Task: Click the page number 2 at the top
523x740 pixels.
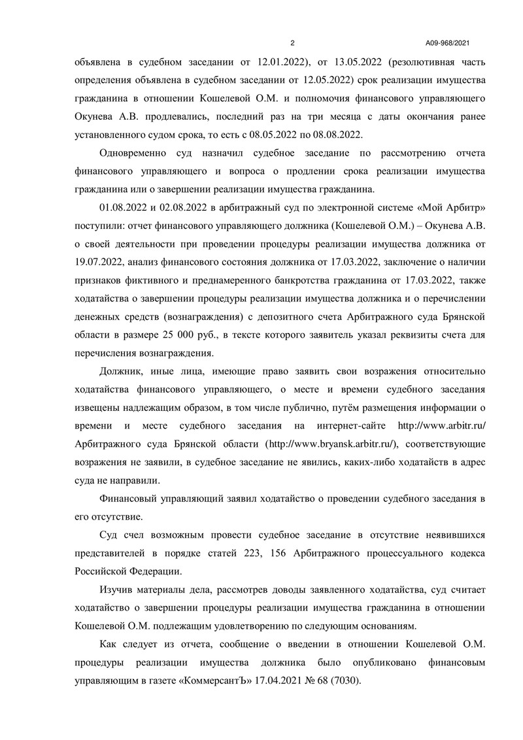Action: point(292,43)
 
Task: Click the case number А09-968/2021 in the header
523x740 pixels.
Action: point(447,43)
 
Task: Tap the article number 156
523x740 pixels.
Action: point(304,553)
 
